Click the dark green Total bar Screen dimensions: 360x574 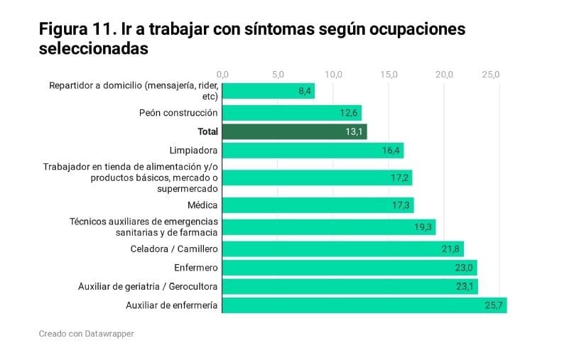click(x=294, y=131)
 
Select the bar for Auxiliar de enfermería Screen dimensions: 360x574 click(x=364, y=305)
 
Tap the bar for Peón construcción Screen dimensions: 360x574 click(x=291, y=112)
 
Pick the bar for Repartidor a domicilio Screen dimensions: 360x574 click(x=268, y=91)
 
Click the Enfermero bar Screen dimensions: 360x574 click(x=349, y=268)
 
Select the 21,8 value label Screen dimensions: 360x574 click(x=452, y=249)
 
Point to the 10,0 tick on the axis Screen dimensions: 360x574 click(x=334, y=74)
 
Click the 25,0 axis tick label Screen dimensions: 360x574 click(x=491, y=74)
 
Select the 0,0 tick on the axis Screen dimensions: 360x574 click(x=222, y=74)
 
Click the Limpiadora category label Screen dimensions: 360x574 click(x=193, y=151)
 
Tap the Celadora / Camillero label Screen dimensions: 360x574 click(x=174, y=249)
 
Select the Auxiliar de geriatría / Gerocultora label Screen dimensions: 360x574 click(x=148, y=287)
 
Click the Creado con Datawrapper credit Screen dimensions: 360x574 click(x=86, y=334)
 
